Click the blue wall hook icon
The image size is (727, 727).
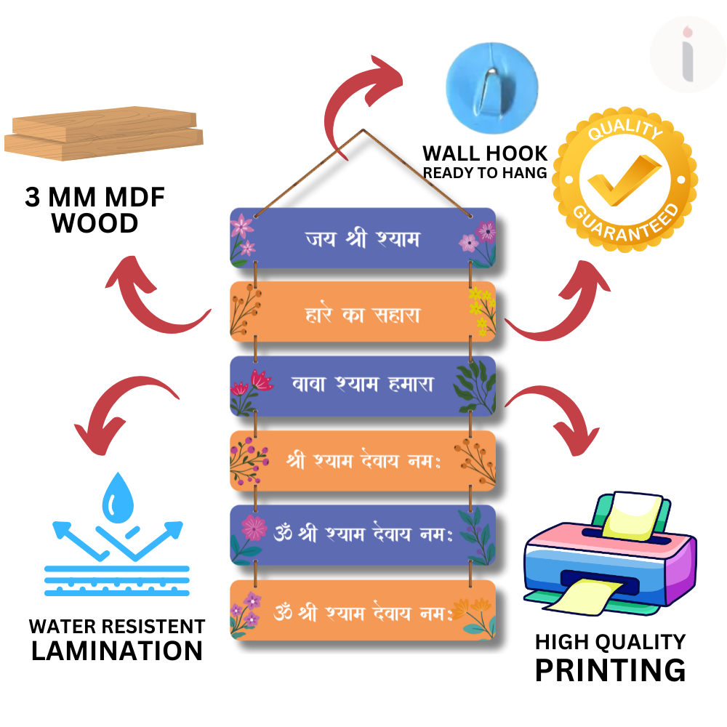(491, 84)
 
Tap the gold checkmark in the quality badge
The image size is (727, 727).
(623, 177)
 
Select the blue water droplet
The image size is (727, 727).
(116, 497)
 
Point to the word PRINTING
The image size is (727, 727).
(610, 669)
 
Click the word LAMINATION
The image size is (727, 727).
(117, 650)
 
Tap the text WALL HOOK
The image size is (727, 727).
(485, 153)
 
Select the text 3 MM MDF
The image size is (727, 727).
(95, 198)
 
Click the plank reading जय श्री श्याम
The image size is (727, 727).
(363, 238)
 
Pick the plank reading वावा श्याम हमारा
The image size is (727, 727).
(363, 386)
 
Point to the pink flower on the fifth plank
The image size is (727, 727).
(253, 529)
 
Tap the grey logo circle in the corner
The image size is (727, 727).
(687, 55)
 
